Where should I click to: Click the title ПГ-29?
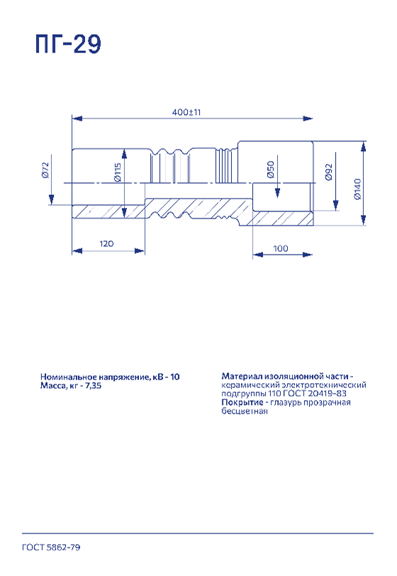click(x=68, y=44)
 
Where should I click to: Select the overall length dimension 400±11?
click(x=186, y=112)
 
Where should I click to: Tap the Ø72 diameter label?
click(x=45, y=170)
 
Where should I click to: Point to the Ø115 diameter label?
click(x=118, y=172)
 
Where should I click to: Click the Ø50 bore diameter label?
click(x=271, y=170)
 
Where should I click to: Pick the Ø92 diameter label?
click(x=329, y=172)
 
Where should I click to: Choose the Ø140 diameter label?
click(x=358, y=189)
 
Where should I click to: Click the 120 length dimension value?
click(x=106, y=243)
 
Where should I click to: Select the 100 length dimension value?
click(x=281, y=248)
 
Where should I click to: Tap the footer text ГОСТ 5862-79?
click(x=51, y=548)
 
